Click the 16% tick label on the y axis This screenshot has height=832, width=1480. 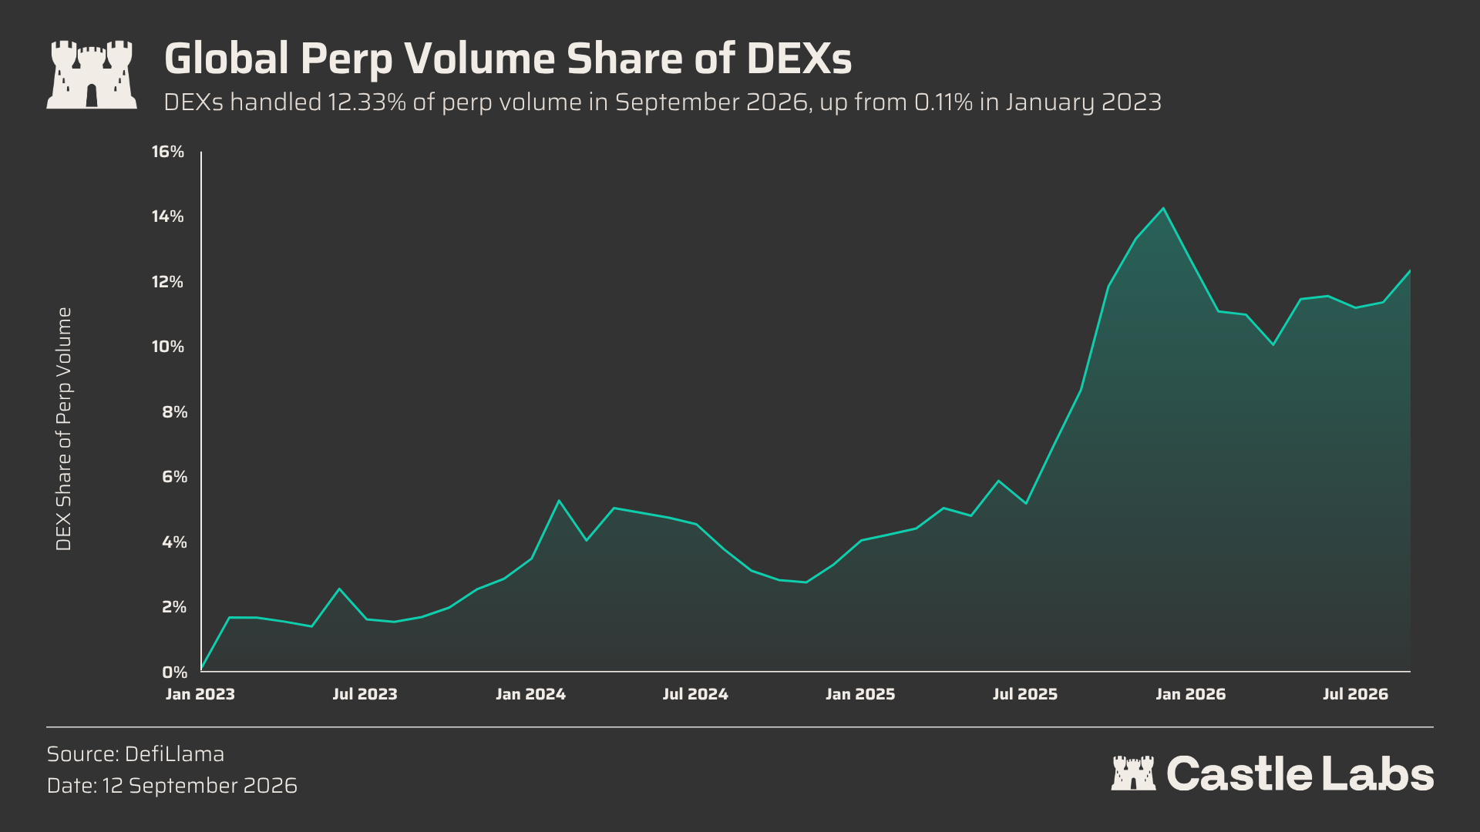point(168,152)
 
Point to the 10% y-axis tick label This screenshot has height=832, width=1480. point(168,347)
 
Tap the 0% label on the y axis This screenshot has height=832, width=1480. point(175,673)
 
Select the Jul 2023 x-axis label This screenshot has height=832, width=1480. point(365,694)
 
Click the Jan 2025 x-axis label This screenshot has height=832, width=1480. point(860,694)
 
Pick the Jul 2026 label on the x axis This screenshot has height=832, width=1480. point(1355,694)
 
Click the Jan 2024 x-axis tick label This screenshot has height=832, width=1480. point(530,694)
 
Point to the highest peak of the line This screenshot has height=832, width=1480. point(1163,208)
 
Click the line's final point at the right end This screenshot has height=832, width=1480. point(1410,270)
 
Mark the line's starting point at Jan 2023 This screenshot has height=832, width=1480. point(201,669)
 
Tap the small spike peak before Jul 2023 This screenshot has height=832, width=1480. point(339,589)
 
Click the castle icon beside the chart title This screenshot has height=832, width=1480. point(92,74)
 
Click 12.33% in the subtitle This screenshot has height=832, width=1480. point(367,102)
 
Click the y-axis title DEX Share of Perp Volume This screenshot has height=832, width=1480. point(64,429)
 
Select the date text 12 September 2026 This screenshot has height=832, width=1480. point(200,786)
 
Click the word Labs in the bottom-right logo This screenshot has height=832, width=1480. point(1378,773)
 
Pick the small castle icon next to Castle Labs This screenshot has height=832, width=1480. point(1133,773)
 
